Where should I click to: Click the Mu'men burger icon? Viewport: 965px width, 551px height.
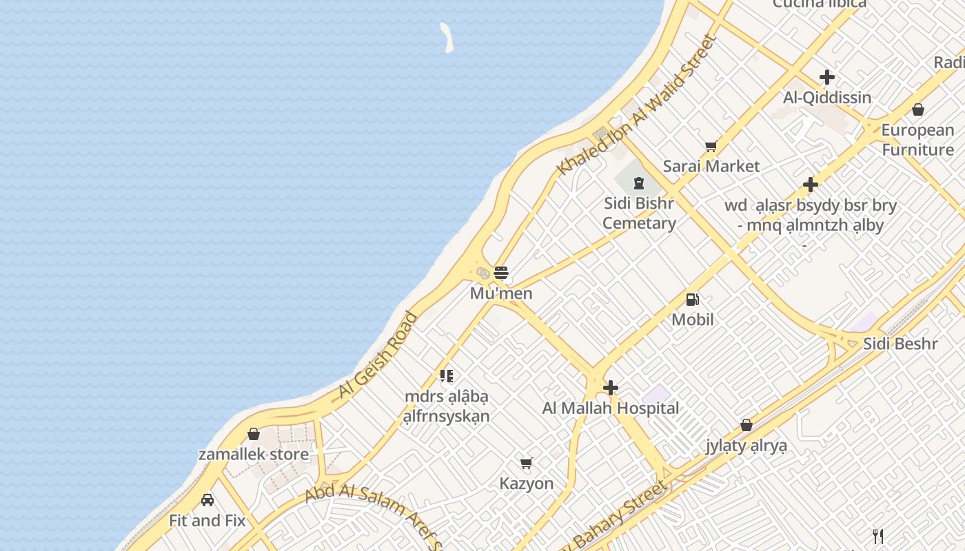click(x=501, y=272)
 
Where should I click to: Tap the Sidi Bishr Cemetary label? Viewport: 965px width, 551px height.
click(x=639, y=213)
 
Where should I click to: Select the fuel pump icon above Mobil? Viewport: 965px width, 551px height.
click(x=693, y=300)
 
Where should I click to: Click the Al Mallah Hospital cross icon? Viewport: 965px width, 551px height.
click(x=610, y=388)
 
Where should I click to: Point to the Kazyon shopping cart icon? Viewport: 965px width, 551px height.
click(x=527, y=463)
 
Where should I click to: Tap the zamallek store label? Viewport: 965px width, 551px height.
click(x=254, y=455)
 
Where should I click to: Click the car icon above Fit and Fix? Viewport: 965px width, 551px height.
click(x=207, y=500)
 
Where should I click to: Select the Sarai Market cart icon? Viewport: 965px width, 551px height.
click(x=711, y=146)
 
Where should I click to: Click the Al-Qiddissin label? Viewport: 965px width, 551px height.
click(x=827, y=97)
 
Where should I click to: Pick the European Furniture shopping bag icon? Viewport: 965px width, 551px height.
click(x=918, y=110)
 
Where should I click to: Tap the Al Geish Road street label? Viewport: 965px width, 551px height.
click(x=378, y=355)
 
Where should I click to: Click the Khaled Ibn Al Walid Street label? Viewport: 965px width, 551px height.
click(x=638, y=105)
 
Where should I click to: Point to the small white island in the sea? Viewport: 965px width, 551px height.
click(x=447, y=37)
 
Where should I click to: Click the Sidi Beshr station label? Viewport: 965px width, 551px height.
click(x=900, y=344)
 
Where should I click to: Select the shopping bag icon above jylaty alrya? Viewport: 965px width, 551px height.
click(x=746, y=425)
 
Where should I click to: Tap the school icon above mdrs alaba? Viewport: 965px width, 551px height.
click(x=447, y=376)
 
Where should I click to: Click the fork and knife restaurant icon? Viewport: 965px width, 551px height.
click(x=878, y=536)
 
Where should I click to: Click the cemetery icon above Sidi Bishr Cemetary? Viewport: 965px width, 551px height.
click(x=639, y=183)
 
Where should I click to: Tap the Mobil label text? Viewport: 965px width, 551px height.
click(x=693, y=320)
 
